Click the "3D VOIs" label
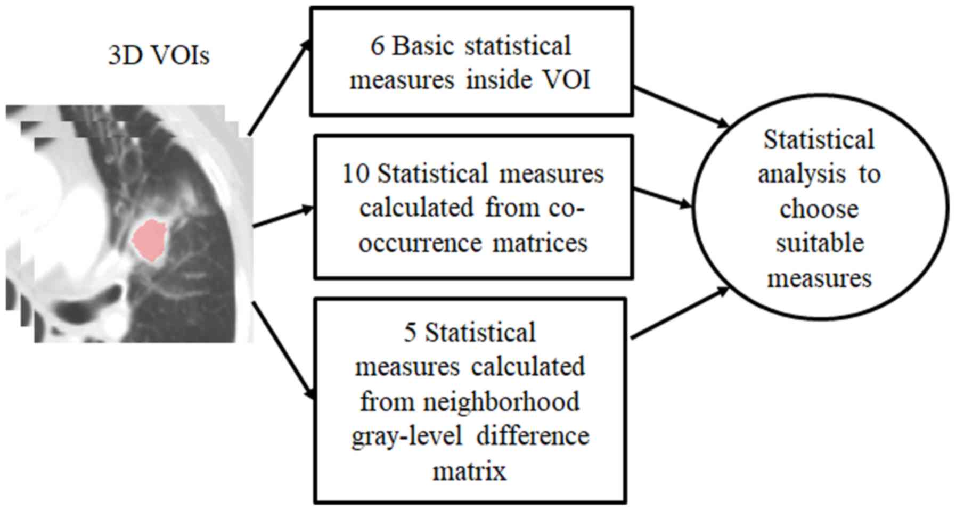tap(159, 55)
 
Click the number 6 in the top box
tap(377, 46)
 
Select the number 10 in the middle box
tap(355, 174)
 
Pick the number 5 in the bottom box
tap(410, 333)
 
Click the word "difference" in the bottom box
tap(533, 436)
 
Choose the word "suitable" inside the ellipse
tap(819, 243)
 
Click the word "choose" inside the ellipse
tap(819, 209)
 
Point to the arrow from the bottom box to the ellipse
tap(679, 314)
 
